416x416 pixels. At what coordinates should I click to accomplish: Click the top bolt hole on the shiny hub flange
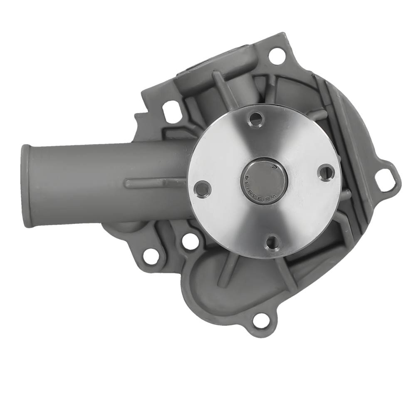pos(256,119)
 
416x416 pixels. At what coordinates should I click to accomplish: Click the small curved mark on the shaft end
pos(273,166)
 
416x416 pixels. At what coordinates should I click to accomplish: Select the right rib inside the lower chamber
pos(283,270)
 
